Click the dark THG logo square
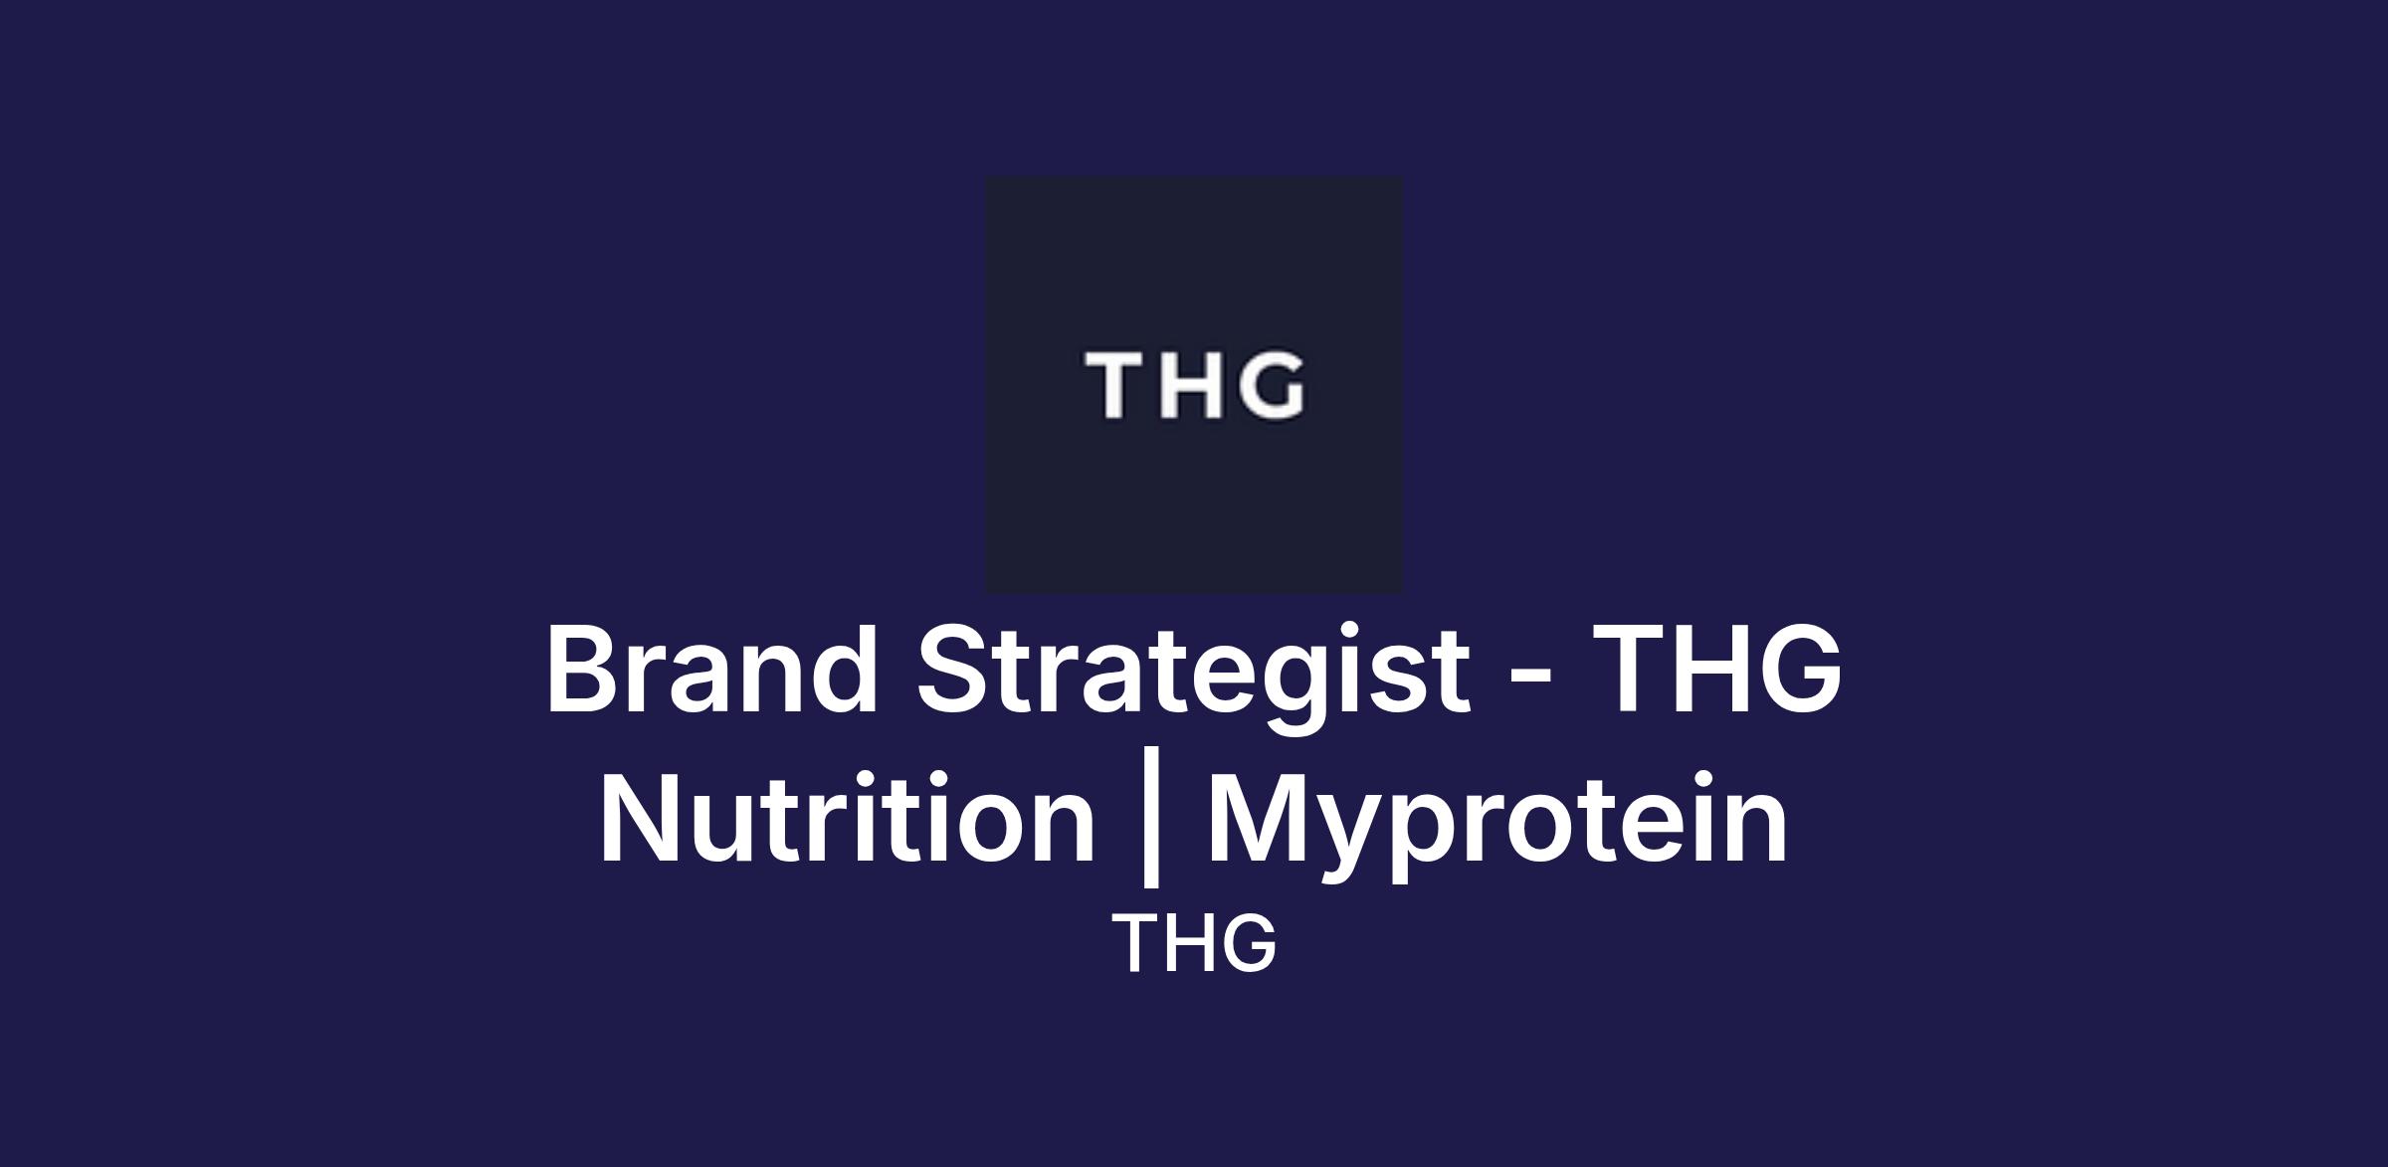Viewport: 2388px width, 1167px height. click(x=1194, y=385)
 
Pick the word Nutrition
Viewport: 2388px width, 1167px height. click(x=847, y=817)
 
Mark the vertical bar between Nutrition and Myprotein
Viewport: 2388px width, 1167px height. click(x=1151, y=826)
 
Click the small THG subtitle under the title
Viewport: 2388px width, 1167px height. click(x=1194, y=943)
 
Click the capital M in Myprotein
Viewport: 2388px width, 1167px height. click(x=1261, y=818)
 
